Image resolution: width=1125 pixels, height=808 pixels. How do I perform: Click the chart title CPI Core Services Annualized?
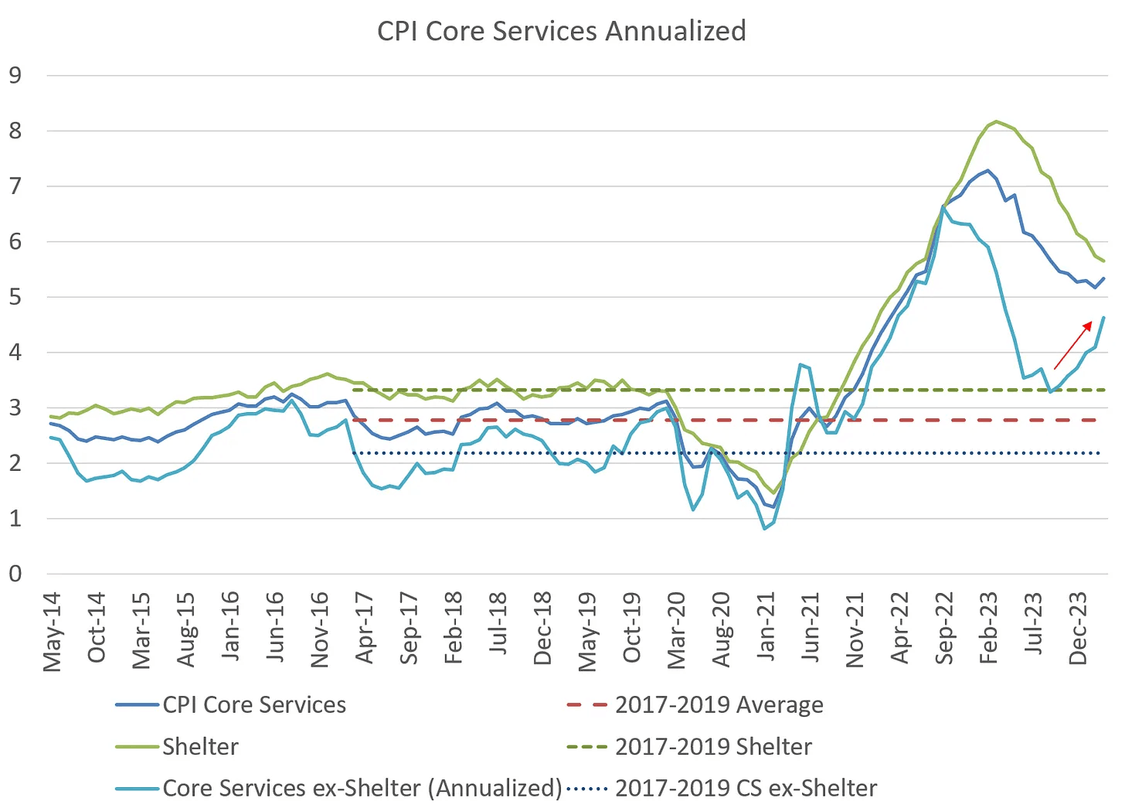(562, 31)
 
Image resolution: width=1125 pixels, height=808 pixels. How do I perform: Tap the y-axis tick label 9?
(15, 75)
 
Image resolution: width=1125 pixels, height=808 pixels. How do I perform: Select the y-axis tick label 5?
(15, 297)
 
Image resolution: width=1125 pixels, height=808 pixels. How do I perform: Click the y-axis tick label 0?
(15, 574)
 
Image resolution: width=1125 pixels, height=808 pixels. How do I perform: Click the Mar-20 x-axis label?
(676, 630)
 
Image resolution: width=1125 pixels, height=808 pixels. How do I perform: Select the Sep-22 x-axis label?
(944, 629)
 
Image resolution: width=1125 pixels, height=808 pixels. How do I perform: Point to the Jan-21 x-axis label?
(766, 629)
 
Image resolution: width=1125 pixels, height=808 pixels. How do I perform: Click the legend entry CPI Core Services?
(254, 705)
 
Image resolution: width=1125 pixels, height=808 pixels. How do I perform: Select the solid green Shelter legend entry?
(200, 747)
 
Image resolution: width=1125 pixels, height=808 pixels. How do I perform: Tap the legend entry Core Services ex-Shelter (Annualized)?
(362, 788)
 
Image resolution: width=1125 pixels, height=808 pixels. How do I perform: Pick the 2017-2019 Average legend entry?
(719, 705)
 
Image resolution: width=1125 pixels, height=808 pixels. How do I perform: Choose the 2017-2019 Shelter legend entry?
(713, 747)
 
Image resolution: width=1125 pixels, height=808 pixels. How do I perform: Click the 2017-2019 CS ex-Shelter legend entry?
(746, 788)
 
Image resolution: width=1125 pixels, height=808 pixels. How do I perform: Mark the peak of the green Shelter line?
(996, 121)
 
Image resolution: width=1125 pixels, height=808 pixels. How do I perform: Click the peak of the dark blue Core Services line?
(987, 170)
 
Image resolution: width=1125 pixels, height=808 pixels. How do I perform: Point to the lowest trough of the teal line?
(765, 528)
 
